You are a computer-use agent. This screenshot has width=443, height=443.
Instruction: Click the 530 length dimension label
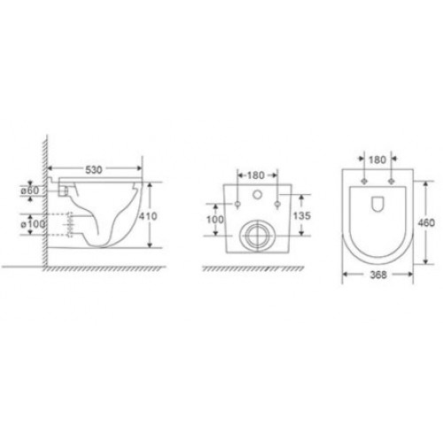94,170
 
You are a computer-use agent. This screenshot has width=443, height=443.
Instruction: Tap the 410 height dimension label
148,216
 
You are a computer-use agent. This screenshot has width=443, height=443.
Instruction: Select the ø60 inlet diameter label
29,190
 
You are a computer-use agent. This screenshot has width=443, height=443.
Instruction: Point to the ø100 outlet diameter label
33,224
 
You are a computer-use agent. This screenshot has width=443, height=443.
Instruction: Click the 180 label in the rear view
255,175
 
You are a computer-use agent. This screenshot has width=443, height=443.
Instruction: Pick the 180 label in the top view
377,159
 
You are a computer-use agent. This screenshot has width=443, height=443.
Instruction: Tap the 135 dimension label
301,216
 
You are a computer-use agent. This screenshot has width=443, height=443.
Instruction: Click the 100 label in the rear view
215,220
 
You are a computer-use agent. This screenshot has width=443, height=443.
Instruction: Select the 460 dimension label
426,222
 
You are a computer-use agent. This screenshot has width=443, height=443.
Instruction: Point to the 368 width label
378,275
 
